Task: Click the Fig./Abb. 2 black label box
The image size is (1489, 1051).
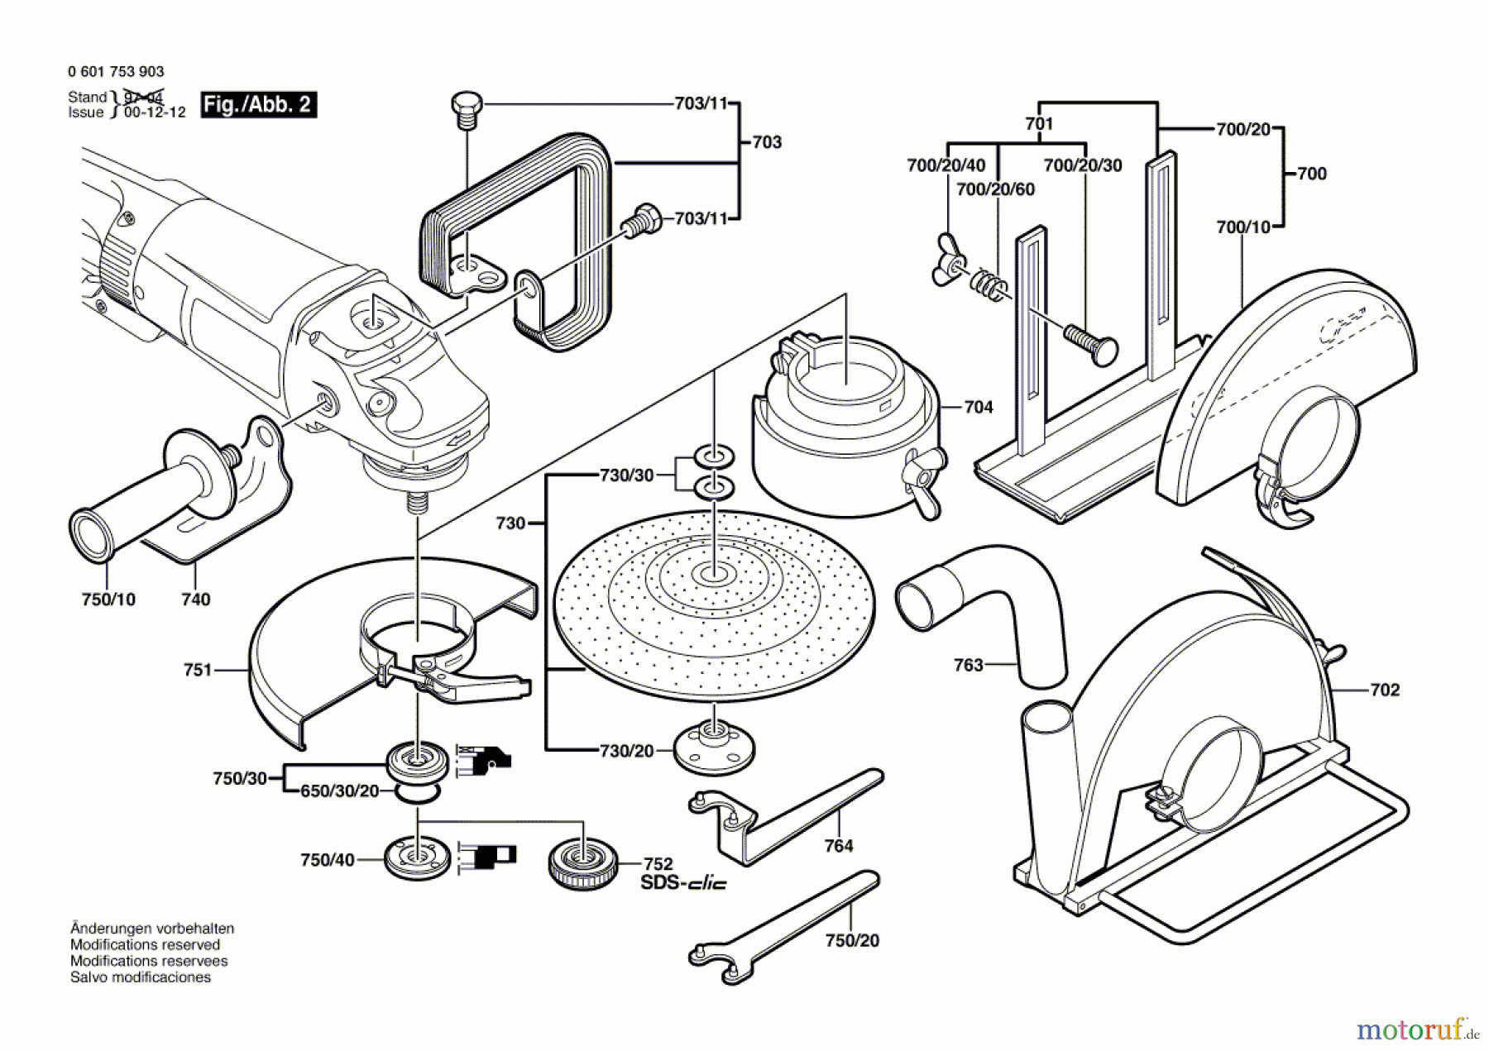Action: pyautogui.click(x=257, y=104)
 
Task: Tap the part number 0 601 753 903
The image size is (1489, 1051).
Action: pyautogui.click(x=116, y=72)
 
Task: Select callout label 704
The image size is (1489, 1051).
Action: pyautogui.click(x=978, y=407)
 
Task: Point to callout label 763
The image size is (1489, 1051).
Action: pyautogui.click(x=968, y=665)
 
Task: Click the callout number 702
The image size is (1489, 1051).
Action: pyautogui.click(x=1385, y=690)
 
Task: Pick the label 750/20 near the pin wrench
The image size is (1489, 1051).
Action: pyautogui.click(x=852, y=940)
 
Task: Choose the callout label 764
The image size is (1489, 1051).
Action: pyautogui.click(x=838, y=845)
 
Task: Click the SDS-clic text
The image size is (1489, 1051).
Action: pyautogui.click(x=683, y=883)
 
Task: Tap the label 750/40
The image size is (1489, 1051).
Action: pyautogui.click(x=328, y=860)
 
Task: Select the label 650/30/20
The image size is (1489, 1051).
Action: pyautogui.click(x=339, y=791)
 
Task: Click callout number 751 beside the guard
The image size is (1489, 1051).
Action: pyautogui.click(x=198, y=670)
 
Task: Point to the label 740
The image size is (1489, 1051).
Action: pyautogui.click(x=196, y=599)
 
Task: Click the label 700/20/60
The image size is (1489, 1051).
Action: pyautogui.click(x=995, y=189)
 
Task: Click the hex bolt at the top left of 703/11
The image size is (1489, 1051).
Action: pyautogui.click(x=467, y=107)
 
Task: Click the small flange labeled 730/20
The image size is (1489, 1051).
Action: pyautogui.click(x=714, y=746)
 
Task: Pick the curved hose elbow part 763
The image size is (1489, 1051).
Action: pyautogui.click(x=984, y=604)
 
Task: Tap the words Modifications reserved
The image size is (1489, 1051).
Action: pyautogui.click(x=145, y=944)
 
